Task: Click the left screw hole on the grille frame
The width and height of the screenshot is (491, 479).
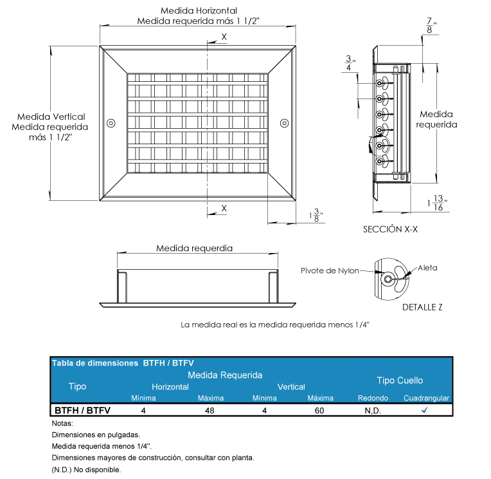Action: (111, 122)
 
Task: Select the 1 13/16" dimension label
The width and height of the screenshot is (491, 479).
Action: (438, 203)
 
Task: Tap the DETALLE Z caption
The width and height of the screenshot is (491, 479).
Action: (422, 307)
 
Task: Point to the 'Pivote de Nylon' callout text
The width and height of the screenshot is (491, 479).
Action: (330, 271)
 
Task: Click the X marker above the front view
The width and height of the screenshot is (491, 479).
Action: (224, 37)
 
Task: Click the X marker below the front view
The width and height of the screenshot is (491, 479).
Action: (224, 208)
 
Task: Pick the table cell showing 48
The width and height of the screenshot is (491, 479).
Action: (210, 410)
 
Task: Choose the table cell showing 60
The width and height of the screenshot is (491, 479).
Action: (319, 410)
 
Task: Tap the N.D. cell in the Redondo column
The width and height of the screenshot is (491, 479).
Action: (373, 410)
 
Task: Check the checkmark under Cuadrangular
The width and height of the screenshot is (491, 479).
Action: (425, 409)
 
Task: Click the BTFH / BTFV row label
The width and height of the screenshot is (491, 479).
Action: (82, 410)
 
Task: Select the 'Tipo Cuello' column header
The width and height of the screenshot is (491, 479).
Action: (400, 380)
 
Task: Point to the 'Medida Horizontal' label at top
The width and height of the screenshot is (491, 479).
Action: (199, 11)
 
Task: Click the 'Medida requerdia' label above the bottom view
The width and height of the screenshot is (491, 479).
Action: (194, 248)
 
